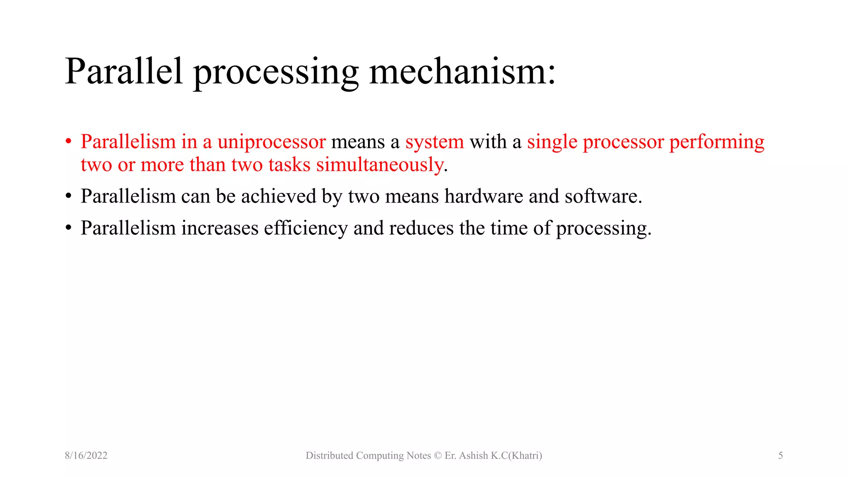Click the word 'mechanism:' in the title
click(x=462, y=71)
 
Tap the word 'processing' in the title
click(x=276, y=73)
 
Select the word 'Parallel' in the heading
click(x=124, y=71)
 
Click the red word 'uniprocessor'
click(x=272, y=142)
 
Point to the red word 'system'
click(x=434, y=142)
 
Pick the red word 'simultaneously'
click(x=380, y=165)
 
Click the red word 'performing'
click(x=717, y=142)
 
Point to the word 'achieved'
click(x=279, y=196)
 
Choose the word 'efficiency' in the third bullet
click(x=306, y=228)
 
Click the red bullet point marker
click(x=69, y=142)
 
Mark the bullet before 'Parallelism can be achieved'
click(x=69, y=196)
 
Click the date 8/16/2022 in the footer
click(x=86, y=455)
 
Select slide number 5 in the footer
click(x=781, y=455)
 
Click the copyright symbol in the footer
click(x=438, y=455)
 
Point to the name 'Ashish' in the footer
click(x=473, y=455)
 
